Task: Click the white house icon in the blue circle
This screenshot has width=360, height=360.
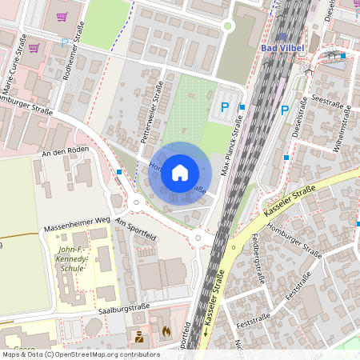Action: (x=180, y=172)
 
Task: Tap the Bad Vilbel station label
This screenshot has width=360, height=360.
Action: (x=282, y=49)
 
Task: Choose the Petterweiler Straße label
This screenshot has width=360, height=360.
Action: (x=152, y=117)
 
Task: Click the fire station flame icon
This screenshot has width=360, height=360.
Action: (x=166, y=330)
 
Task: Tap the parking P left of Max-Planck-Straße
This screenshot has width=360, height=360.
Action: (x=225, y=106)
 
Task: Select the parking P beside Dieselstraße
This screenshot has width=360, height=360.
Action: (x=284, y=110)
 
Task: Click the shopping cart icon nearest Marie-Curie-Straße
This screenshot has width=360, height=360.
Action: (x=34, y=48)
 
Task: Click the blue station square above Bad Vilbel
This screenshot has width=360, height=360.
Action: (x=282, y=37)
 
